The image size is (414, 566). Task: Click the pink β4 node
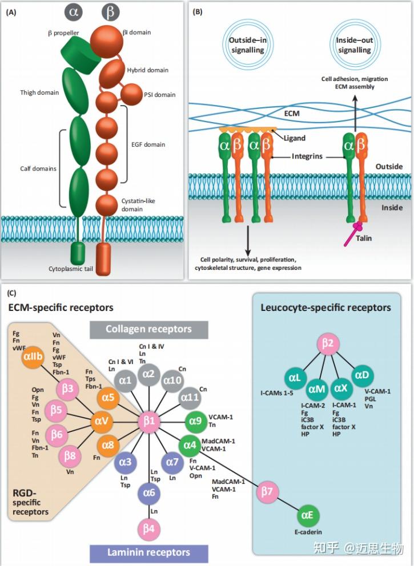149,528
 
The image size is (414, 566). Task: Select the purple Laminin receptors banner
148,552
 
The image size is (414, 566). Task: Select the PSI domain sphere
131,92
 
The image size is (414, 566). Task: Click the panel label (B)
198,11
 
